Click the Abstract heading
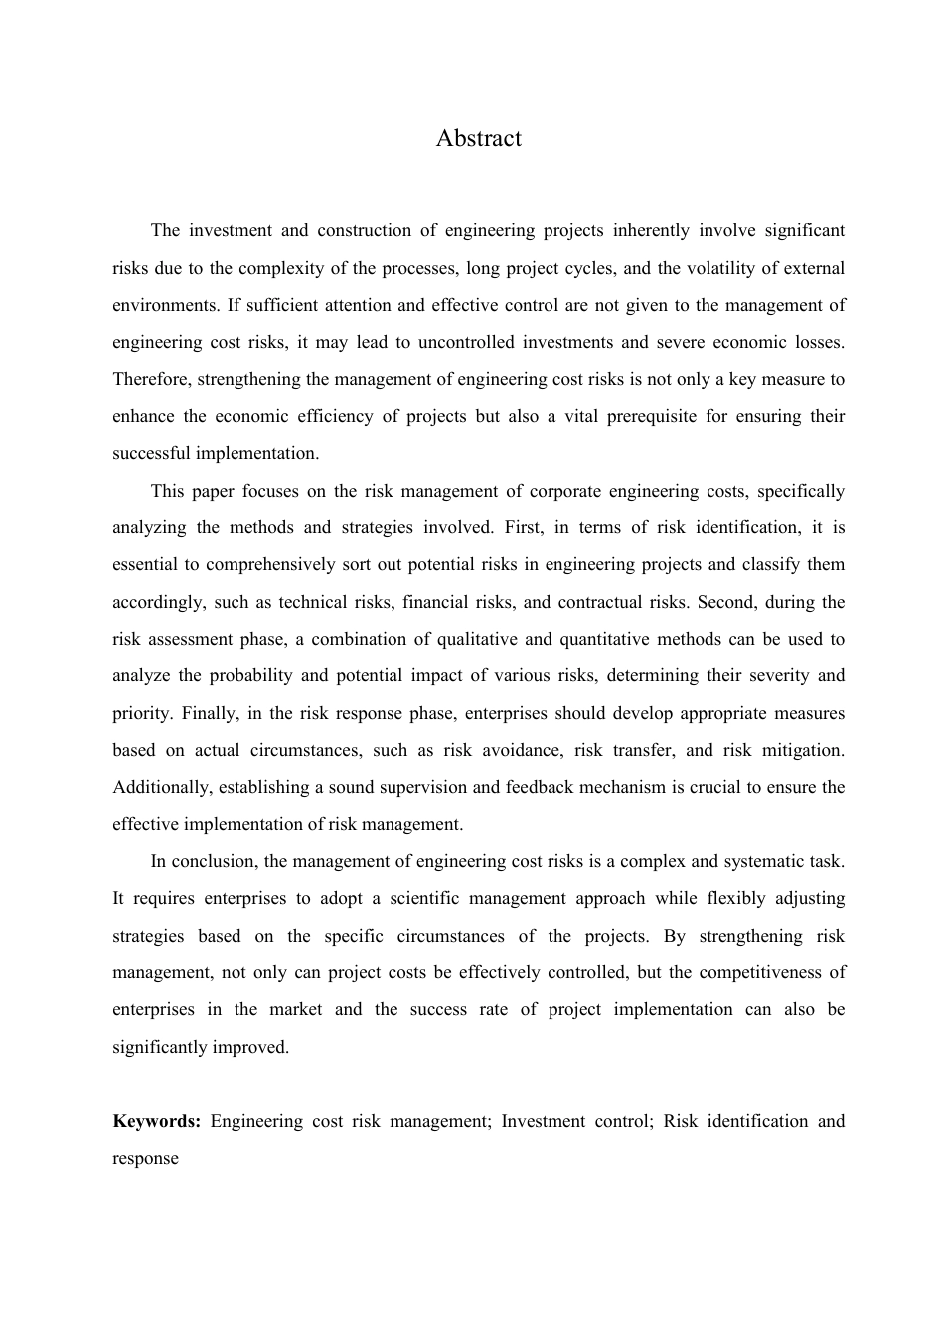coord(478,138)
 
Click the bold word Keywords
coord(156,1121)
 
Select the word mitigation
coord(801,750)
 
